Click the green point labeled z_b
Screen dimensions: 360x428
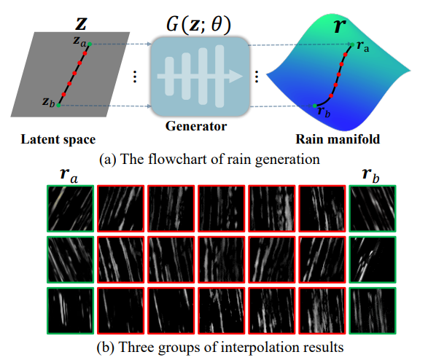pos(58,106)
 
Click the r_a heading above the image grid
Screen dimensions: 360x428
pos(70,176)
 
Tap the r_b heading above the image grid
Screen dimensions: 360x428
pos(372,176)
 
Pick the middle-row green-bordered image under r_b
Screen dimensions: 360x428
pos(372,258)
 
